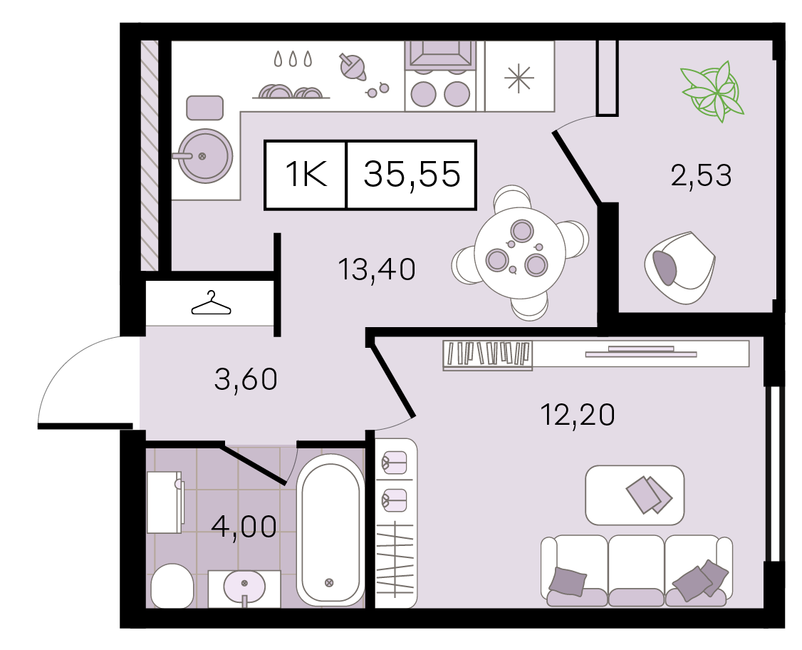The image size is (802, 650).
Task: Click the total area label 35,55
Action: click(412, 175)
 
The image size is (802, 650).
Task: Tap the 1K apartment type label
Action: click(306, 174)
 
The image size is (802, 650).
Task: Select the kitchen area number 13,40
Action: click(377, 269)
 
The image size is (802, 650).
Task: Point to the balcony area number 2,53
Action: click(701, 175)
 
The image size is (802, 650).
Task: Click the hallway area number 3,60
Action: click(246, 379)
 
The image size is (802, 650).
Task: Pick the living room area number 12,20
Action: click(578, 415)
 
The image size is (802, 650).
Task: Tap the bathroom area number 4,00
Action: click(244, 527)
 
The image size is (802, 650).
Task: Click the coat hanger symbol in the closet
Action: click(211, 302)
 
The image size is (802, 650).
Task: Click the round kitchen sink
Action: click(204, 155)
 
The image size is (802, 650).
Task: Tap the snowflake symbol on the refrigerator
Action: click(519, 78)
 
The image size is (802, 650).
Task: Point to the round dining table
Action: click(520, 253)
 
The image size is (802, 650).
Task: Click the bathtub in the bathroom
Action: click(330, 530)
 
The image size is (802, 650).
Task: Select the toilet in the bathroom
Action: click(172, 586)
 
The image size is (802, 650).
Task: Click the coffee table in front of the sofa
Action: click(635, 495)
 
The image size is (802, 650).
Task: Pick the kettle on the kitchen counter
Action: click(353, 66)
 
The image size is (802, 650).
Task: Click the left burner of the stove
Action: click(424, 94)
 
